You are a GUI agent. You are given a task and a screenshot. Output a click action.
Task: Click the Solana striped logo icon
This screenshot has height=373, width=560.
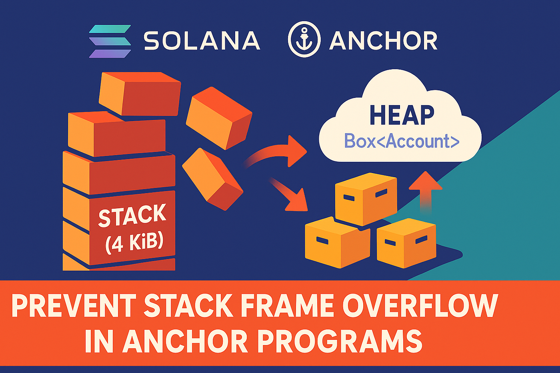point(110,41)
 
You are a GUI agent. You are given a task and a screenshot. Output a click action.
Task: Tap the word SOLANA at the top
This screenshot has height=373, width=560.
point(202,41)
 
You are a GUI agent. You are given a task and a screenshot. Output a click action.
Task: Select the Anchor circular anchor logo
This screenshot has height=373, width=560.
point(304,39)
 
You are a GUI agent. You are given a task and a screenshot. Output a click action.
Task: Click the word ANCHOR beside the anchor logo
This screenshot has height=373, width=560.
point(383,41)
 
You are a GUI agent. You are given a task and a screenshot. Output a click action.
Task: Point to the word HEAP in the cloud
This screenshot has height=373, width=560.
point(402,116)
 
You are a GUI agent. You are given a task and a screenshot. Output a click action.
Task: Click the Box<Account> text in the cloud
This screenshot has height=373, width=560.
point(402,141)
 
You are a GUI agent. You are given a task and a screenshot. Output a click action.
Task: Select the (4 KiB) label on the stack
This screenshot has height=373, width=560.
point(134,241)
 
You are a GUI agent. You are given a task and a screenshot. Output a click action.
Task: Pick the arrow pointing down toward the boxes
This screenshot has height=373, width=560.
point(290,196)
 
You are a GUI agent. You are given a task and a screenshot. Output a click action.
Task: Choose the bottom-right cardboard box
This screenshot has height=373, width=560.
point(406,242)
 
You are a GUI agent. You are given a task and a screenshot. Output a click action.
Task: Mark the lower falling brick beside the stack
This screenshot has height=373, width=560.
point(212,179)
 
